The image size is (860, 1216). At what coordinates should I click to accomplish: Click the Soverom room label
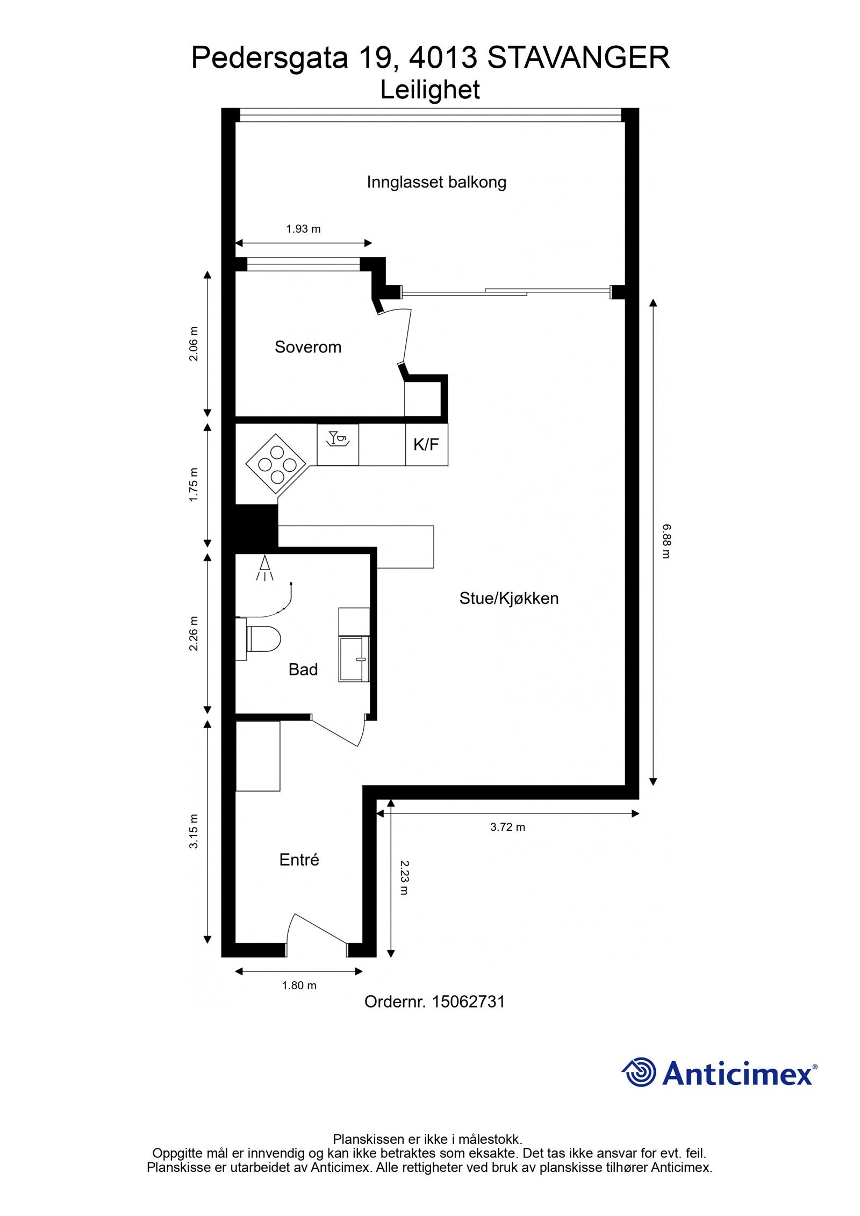point(308,347)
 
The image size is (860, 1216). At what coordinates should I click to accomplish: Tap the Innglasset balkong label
point(436,182)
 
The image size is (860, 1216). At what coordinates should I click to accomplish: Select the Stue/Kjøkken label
point(509,599)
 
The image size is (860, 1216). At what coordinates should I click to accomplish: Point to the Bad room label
point(303,670)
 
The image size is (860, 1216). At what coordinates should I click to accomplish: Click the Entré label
point(299,860)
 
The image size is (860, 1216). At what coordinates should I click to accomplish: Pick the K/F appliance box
point(427,444)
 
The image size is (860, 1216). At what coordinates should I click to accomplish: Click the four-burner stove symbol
point(276,464)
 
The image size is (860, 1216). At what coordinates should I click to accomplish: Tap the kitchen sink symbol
point(338,444)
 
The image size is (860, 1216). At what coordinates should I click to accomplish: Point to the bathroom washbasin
point(354,659)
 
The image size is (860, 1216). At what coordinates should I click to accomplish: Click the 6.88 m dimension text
point(666,541)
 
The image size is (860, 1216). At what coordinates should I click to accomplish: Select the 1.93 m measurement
point(303,229)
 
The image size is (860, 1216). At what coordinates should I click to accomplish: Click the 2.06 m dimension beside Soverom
point(193,344)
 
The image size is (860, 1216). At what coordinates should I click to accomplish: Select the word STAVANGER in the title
point(578,57)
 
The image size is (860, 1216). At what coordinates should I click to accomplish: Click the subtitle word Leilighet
point(430,90)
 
